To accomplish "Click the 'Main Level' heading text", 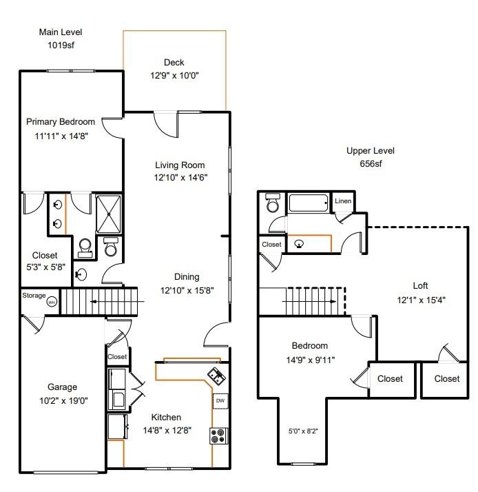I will coord(60,32).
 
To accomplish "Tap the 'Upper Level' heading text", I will coord(371,151).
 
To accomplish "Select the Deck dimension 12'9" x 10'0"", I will coord(174,76).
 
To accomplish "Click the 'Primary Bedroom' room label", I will coord(61,122).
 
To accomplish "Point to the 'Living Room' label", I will coord(179,165).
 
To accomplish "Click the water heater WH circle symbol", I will coord(51,301).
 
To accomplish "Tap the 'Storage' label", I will coord(33,296).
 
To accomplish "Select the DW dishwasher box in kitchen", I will coord(220,400).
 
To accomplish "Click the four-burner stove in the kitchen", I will coord(220,435).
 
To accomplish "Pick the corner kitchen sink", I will coord(216,376).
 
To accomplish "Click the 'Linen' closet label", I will coord(342,201).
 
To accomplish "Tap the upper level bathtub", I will coord(309,203).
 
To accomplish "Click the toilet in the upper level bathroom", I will coord(272,203).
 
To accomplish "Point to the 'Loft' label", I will coord(420,285).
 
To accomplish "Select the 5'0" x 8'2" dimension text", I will coord(302,431).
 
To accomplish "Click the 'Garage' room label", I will coord(62,387).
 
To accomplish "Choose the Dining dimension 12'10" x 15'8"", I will coord(187,290).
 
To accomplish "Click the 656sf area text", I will coord(371,164).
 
